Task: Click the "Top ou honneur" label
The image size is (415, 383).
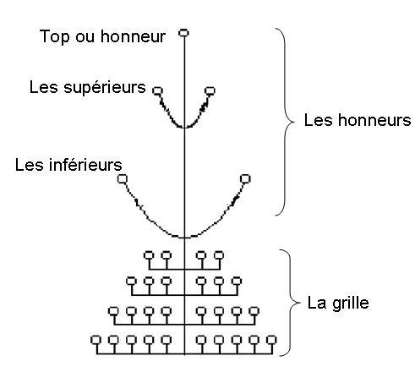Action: (x=102, y=37)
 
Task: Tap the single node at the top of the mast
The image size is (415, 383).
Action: (x=183, y=33)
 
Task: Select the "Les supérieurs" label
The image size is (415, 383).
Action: (x=88, y=87)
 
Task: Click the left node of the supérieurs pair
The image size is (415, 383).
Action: (x=157, y=90)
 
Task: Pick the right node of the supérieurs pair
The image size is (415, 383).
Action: (x=210, y=90)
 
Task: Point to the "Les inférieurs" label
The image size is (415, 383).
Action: (x=68, y=165)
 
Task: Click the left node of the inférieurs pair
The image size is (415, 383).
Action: (x=123, y=178)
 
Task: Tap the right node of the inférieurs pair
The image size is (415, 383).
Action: (x=245, y=178)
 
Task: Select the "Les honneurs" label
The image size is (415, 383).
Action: (x=358, y=120)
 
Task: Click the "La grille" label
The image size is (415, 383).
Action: (x=338, y=304)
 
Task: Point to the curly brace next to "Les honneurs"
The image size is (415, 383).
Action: (x=285, y=122)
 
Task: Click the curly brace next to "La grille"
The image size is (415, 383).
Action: (x=290, y=303)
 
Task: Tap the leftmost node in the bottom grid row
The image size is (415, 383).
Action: (x=96, y=340)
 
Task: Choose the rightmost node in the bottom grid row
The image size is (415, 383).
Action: (x=271, y=340)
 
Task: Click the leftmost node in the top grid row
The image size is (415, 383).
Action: (x=149, y=255)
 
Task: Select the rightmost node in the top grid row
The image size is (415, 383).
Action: (x=219, y=255)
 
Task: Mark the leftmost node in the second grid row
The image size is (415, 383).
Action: (x=131, y=281)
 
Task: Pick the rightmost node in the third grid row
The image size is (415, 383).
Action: (x=254, y=311)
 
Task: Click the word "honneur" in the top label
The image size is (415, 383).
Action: (x=134, y=36)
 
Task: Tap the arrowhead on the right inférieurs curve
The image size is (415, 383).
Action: (x=235, y=200)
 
